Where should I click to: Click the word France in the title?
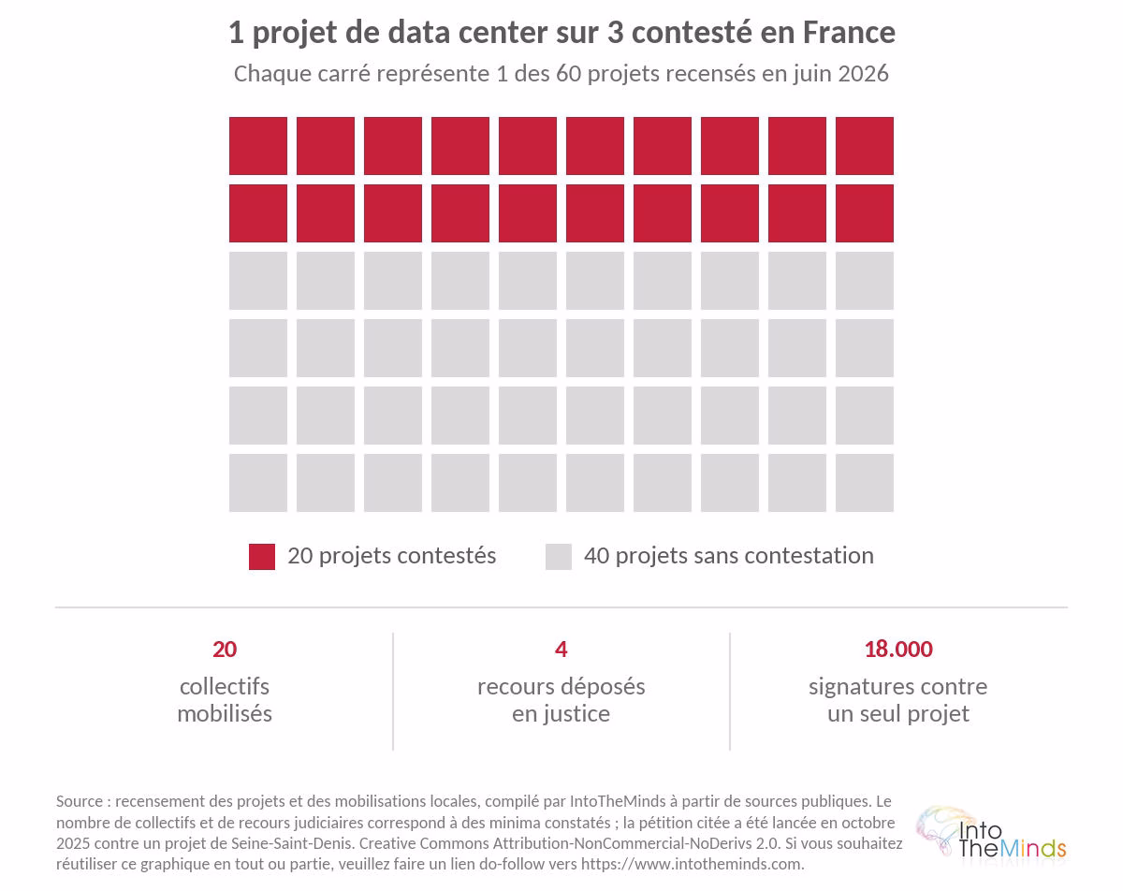tap(849, 33)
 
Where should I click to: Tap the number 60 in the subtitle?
tap(568, 74)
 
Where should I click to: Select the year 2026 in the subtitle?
tap(863, 74)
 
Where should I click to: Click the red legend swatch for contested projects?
tap(262, 557)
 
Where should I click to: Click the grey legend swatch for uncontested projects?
tap(559, 557)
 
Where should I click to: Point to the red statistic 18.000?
tap(898, 650)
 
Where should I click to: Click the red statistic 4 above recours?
tap(561, 650)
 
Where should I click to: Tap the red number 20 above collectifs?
tap(225, 650)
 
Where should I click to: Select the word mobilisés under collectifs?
tap(225, 713)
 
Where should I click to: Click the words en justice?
tap(561, 714)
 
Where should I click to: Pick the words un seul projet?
tap(898, 714)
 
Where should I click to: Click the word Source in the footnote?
tap(80, 801)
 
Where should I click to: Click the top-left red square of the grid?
tap(258, 146)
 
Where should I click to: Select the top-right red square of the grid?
tap(864, 146)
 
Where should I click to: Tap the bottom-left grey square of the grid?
tap(258, 483)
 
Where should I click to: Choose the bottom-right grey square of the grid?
tap(864, 483)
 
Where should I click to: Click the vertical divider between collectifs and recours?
tap(393, 692)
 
